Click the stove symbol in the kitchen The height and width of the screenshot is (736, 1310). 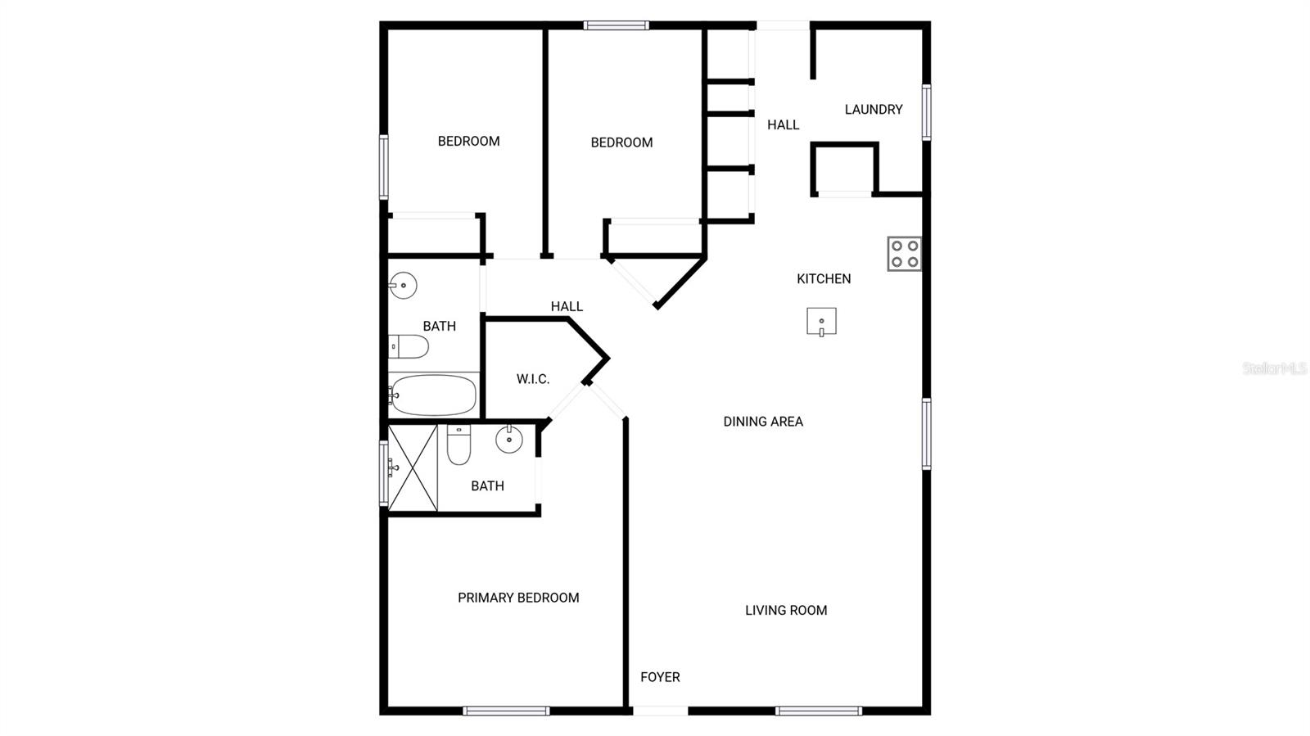click(905, 254)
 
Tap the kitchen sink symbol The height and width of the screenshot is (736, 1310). click(821, 322)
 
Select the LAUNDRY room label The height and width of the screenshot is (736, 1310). click(874, 109)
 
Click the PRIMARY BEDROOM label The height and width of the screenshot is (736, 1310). click(518, 598)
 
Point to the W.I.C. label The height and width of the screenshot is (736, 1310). click(533, 379)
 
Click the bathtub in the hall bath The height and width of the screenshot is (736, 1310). click(432, 395)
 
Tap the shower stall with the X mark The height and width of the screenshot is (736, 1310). click(413, 468)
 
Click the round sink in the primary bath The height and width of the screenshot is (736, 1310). click(509, 440)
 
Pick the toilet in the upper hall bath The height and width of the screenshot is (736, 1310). click(408, 347)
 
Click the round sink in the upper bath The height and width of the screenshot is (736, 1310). click(402, 286)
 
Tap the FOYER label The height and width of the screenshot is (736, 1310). click(660, 677)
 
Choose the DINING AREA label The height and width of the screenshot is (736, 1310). click(763, 422)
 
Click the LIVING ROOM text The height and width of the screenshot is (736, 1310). click(786, 610)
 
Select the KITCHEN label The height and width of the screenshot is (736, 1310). click(824, 278)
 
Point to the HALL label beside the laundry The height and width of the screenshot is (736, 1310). click(783, 124)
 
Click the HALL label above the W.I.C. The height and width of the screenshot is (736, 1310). click(567, 306)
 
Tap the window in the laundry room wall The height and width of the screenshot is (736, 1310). click(927, 112)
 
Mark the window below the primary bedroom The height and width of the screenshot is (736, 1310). click(506, 711)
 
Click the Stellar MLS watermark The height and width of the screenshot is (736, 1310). click(1274, 368)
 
